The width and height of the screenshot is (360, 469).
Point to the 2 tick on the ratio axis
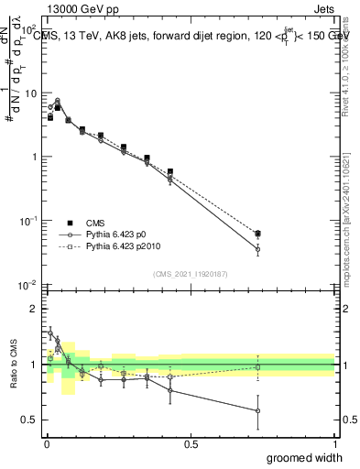(x=35, y=309)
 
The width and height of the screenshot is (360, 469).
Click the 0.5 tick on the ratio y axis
(x=30, y=420)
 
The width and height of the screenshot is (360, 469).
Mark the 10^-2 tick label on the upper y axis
(x=27, y=286)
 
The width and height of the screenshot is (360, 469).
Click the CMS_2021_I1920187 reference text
(x=190, y=273)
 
